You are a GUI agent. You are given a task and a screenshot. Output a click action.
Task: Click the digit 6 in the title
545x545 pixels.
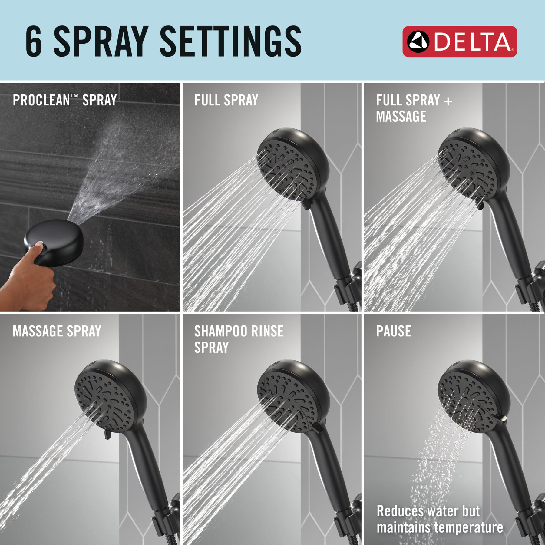(34, 41)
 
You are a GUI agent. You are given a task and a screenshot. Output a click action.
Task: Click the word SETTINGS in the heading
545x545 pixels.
(230, 41)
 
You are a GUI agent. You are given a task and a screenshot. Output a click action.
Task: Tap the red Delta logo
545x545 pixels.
(459, 41)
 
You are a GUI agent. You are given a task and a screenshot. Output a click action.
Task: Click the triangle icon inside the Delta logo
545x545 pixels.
(418, 41)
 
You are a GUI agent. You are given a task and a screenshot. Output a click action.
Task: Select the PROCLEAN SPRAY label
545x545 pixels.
(64, 100)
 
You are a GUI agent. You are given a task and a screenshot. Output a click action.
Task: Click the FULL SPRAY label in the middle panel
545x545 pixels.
(226, 100)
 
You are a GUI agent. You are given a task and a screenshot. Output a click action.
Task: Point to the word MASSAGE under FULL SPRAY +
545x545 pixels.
(401, 117)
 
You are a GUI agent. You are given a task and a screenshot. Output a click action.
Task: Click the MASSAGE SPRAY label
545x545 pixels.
(57, 331)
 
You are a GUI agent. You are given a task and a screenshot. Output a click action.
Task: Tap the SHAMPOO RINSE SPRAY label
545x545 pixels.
(239, 339)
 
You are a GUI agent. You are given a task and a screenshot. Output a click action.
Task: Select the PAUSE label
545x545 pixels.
(393, 331)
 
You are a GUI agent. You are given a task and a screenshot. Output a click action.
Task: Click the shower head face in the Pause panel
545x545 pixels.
(468, 403)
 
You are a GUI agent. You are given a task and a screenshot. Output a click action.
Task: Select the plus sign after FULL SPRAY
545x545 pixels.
(448, 101)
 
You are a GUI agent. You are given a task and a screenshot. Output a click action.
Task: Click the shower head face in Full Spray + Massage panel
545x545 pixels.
(468, 171)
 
